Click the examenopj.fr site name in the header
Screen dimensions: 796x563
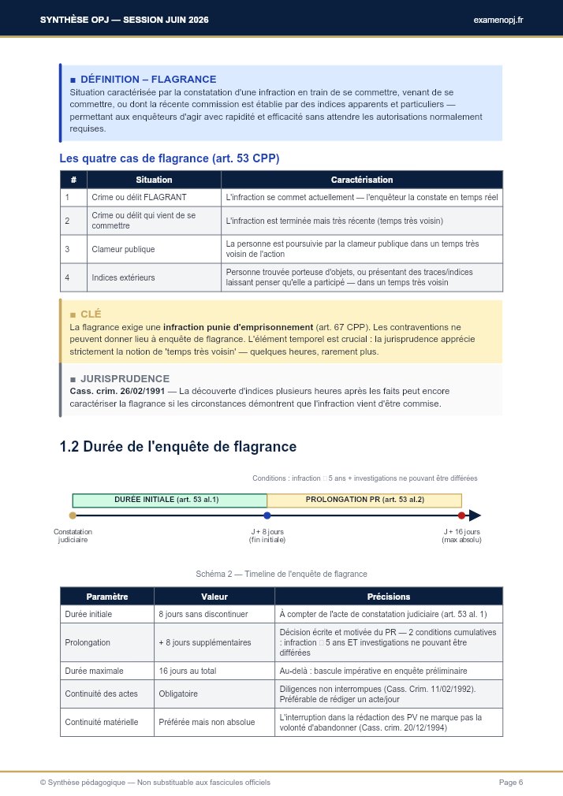click(x=498, y=19)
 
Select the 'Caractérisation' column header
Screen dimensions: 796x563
click(x=361, y=180)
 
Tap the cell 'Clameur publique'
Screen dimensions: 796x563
click(x=123, y=249)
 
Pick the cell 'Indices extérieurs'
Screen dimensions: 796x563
click(x=123, y=277)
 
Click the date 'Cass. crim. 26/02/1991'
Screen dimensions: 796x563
click(x=117, y=391)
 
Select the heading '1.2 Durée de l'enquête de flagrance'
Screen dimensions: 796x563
click(x=177, y=447)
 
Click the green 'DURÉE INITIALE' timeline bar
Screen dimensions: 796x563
click(x=170, y=500)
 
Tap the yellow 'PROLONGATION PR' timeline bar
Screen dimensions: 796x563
click(x=364, y=500)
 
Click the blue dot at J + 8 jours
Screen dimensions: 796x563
click(x=267, y=515)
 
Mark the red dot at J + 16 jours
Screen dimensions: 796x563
click(x=461, y=515)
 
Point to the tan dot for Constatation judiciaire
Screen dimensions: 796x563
click(x=73, y=515)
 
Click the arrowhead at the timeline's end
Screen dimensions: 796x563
click(x=475, y=515)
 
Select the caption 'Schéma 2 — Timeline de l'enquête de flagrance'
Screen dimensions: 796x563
click(x=281, y=574)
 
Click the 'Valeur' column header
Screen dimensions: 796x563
click(x=214, y=597)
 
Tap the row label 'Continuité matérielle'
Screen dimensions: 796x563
click(x=102, y=723)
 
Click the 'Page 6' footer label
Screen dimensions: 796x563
click(x=511, y=782)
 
